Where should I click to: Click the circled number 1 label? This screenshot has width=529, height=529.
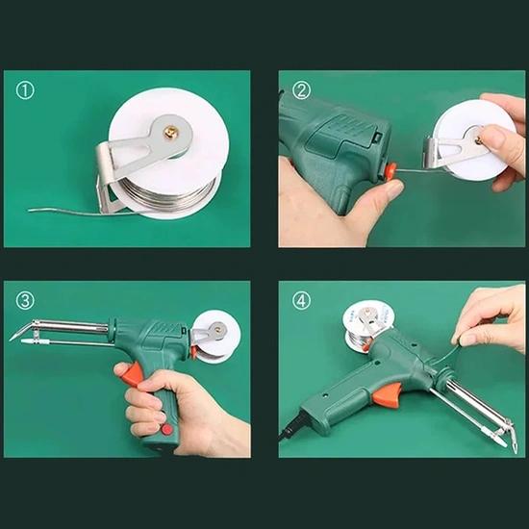coord(25,90)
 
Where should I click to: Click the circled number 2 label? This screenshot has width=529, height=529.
coord(301,90)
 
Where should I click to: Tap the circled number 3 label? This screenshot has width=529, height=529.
coord(25,301)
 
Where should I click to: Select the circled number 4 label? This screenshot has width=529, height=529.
coord(301,301)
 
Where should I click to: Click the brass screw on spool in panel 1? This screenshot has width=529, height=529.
coord(171,132)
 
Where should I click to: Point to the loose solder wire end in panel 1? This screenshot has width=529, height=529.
coord(31,211)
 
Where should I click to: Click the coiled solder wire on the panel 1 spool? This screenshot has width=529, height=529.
coord(168,195)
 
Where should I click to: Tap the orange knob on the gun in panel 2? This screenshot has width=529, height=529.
coord(390,171)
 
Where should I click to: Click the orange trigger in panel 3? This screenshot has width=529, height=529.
coord(134,374)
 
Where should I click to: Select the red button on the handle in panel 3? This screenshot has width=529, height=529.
coord(166,430)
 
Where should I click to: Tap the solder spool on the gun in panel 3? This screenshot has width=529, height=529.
coord(215,338)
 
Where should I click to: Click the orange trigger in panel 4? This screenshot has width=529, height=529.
coord(388,393)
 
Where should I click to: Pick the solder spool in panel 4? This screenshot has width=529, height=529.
coord(365,324)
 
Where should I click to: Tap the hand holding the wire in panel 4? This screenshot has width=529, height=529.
coord(491,317)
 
